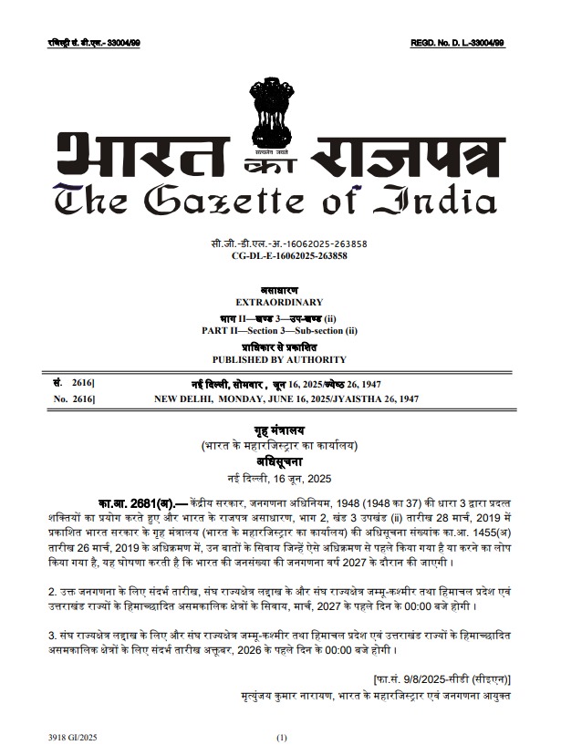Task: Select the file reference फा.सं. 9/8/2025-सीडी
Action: tap(429, 678)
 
